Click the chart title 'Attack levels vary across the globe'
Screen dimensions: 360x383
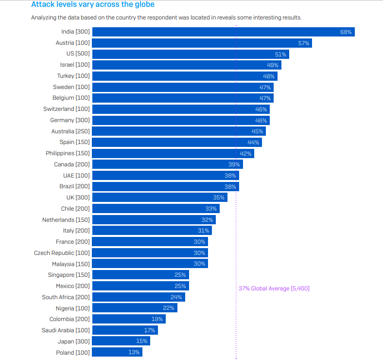pyautogui.click(x=92, y=5)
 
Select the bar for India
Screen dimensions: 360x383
pyautogui.click(x=223, y=32)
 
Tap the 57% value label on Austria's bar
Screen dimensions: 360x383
pyautogui.click(x=304, y=43)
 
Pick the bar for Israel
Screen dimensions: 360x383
pyautogui.click(x=186, y=65)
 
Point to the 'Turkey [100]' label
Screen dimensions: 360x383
pyautogui.click(x=73, y=76)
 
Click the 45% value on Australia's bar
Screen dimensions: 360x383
pyautogui.click(x=257, y=131)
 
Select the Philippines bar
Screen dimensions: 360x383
pyautogui.click(x=173, y=153)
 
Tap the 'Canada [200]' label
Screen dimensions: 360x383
pyautogui.click(x=72, y=164)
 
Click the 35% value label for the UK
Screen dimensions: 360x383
pyautogui.click(x=219, y=198)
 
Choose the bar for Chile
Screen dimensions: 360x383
pyautogui.click(x=156, y=209)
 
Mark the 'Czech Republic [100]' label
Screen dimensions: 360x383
pyautogui.click(x=62, y=253)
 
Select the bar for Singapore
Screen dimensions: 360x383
pyautogui.click(x=140, y=275)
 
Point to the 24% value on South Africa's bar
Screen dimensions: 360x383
pyautogui.click(x=176, y=297)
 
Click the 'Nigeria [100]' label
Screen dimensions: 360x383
pyautogui.click(x=72, y=308)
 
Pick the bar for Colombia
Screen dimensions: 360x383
pyautogui.click(x=129, y=319)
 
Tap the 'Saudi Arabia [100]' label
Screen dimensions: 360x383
pyautogui.click(x=66, y=330)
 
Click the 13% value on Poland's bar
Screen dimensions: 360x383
pyautogui.click(x=134, y=352)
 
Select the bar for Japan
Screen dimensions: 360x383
pyautogui.click(x=121, y=341)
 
